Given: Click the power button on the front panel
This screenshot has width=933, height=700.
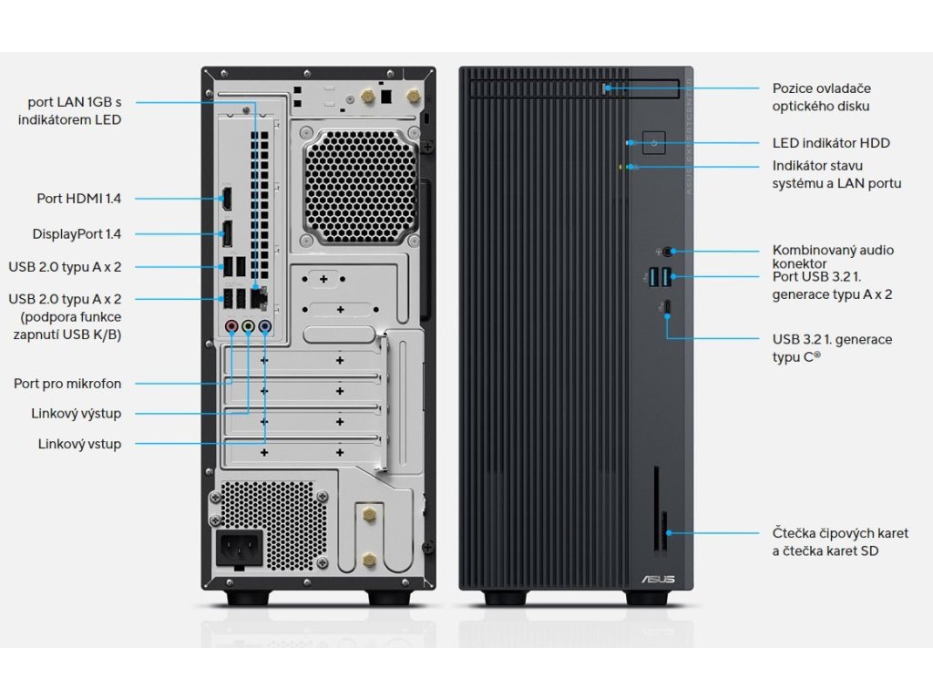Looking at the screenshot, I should [655, 143].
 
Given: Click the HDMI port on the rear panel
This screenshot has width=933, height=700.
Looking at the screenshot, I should [227, 198].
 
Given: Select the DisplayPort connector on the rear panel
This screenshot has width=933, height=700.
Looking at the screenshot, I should [227, 234].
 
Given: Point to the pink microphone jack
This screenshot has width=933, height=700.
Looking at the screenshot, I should [231, 325].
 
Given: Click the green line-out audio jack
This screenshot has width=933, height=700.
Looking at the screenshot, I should [248, 325].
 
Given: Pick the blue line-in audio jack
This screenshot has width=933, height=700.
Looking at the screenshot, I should [264, 325].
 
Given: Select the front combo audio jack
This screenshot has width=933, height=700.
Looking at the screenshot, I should [672, 250].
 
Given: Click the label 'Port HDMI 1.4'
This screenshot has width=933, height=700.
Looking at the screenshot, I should [78, 198].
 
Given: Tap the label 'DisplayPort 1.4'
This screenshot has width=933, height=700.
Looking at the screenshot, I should [77, 234].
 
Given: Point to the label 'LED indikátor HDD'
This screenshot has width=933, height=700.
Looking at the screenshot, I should [831, 143].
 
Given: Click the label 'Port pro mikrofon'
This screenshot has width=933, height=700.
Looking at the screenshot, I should [67, 384].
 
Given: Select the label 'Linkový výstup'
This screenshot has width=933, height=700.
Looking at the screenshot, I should [76, 414].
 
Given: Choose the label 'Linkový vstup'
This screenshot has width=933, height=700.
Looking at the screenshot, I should [79, 444].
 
